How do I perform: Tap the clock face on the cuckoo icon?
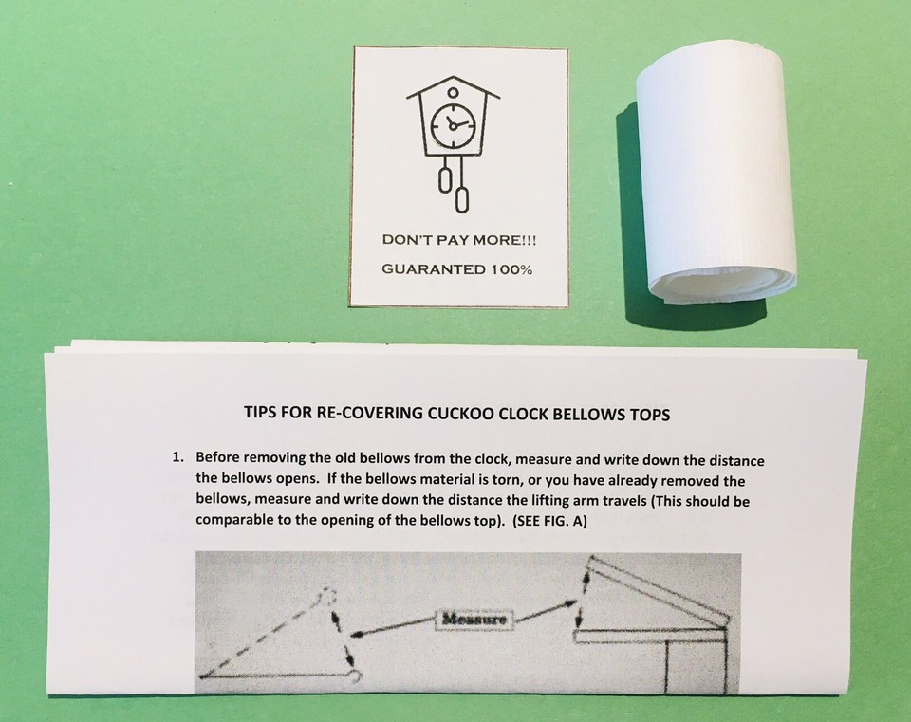[453, 124]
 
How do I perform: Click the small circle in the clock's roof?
[453, 92]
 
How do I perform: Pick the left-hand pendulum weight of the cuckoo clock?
[443, 179]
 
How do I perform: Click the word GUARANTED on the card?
[428, 269]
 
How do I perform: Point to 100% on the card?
[507, 269]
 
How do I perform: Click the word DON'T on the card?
[401, 240]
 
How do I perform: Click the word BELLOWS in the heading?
[579, 414]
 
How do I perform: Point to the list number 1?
[177, 456]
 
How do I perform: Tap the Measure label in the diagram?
[474, 619]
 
